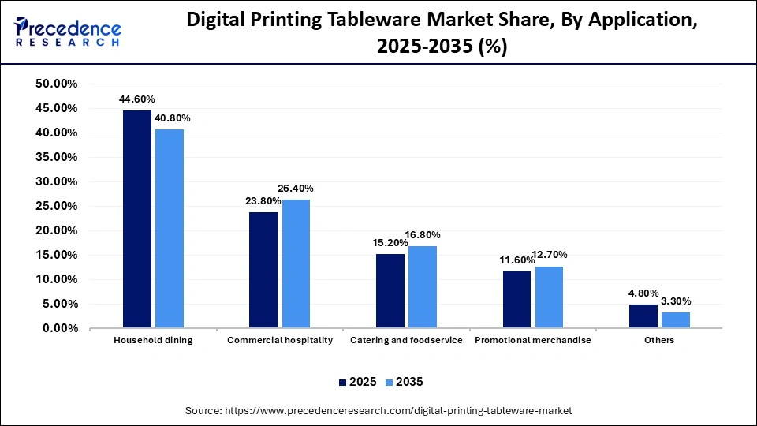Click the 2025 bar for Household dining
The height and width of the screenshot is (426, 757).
tap(137, 219)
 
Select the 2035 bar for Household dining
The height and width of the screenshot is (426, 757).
tap(170, 229)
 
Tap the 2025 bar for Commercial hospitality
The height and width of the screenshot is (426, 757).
tap(263, 270)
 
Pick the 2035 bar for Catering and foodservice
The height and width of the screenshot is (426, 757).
tap(422, 287)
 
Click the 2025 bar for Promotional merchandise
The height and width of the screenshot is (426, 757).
tap(516, 300)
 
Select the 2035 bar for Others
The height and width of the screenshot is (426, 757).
tap(675, 319)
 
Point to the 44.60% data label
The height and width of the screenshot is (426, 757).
tap(137, 99)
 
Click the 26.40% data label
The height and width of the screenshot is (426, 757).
tap(296, 189)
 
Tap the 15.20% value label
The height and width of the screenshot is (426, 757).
tap(390, 243)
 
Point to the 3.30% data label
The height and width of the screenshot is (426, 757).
tap(675, 301)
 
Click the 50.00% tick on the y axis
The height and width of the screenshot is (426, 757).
tap(56, 84)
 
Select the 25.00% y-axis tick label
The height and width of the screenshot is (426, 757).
tap(56, 206)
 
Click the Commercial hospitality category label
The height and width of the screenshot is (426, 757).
tap(280, 341)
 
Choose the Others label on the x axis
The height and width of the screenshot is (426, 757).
tap(659, 341)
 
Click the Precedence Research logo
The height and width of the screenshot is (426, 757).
tap(67, 32)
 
